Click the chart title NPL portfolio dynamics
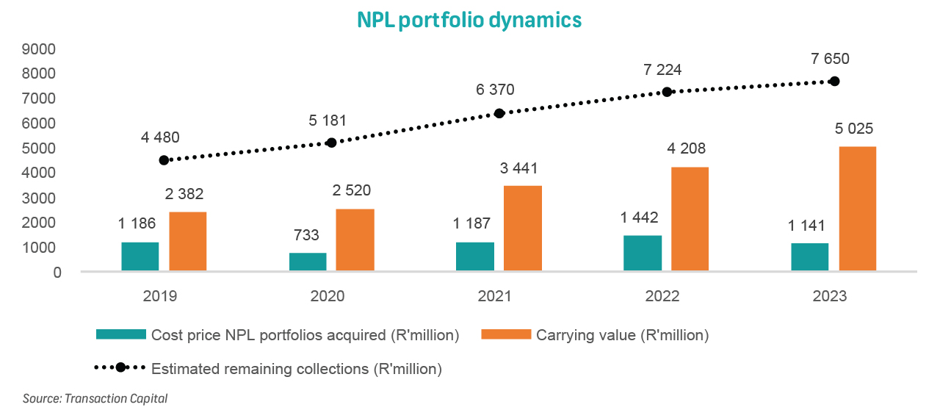click(469, 19)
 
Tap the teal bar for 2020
click(308, 262)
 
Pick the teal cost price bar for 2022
click(643, 254)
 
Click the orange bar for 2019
click(187, 242)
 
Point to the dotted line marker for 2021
click(499, 113)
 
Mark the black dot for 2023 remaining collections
click(834, 81)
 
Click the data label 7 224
click(662, 70)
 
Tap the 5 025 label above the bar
click(853, 129)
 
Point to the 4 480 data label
click(159, 137)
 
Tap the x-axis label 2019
click(160, 297)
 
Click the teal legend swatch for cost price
click(121, 335)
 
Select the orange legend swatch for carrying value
click(505, 335)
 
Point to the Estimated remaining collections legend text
click(297, 369)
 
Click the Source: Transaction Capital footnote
click(95, 399)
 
